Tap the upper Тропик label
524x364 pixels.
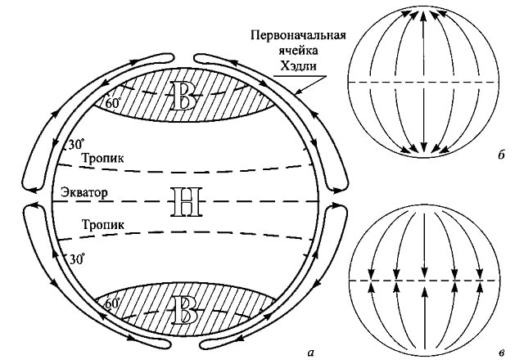click(x=102, y=160)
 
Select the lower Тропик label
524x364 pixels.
click(x=102, y=223)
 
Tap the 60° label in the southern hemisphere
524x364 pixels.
click(x=113, y=303)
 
